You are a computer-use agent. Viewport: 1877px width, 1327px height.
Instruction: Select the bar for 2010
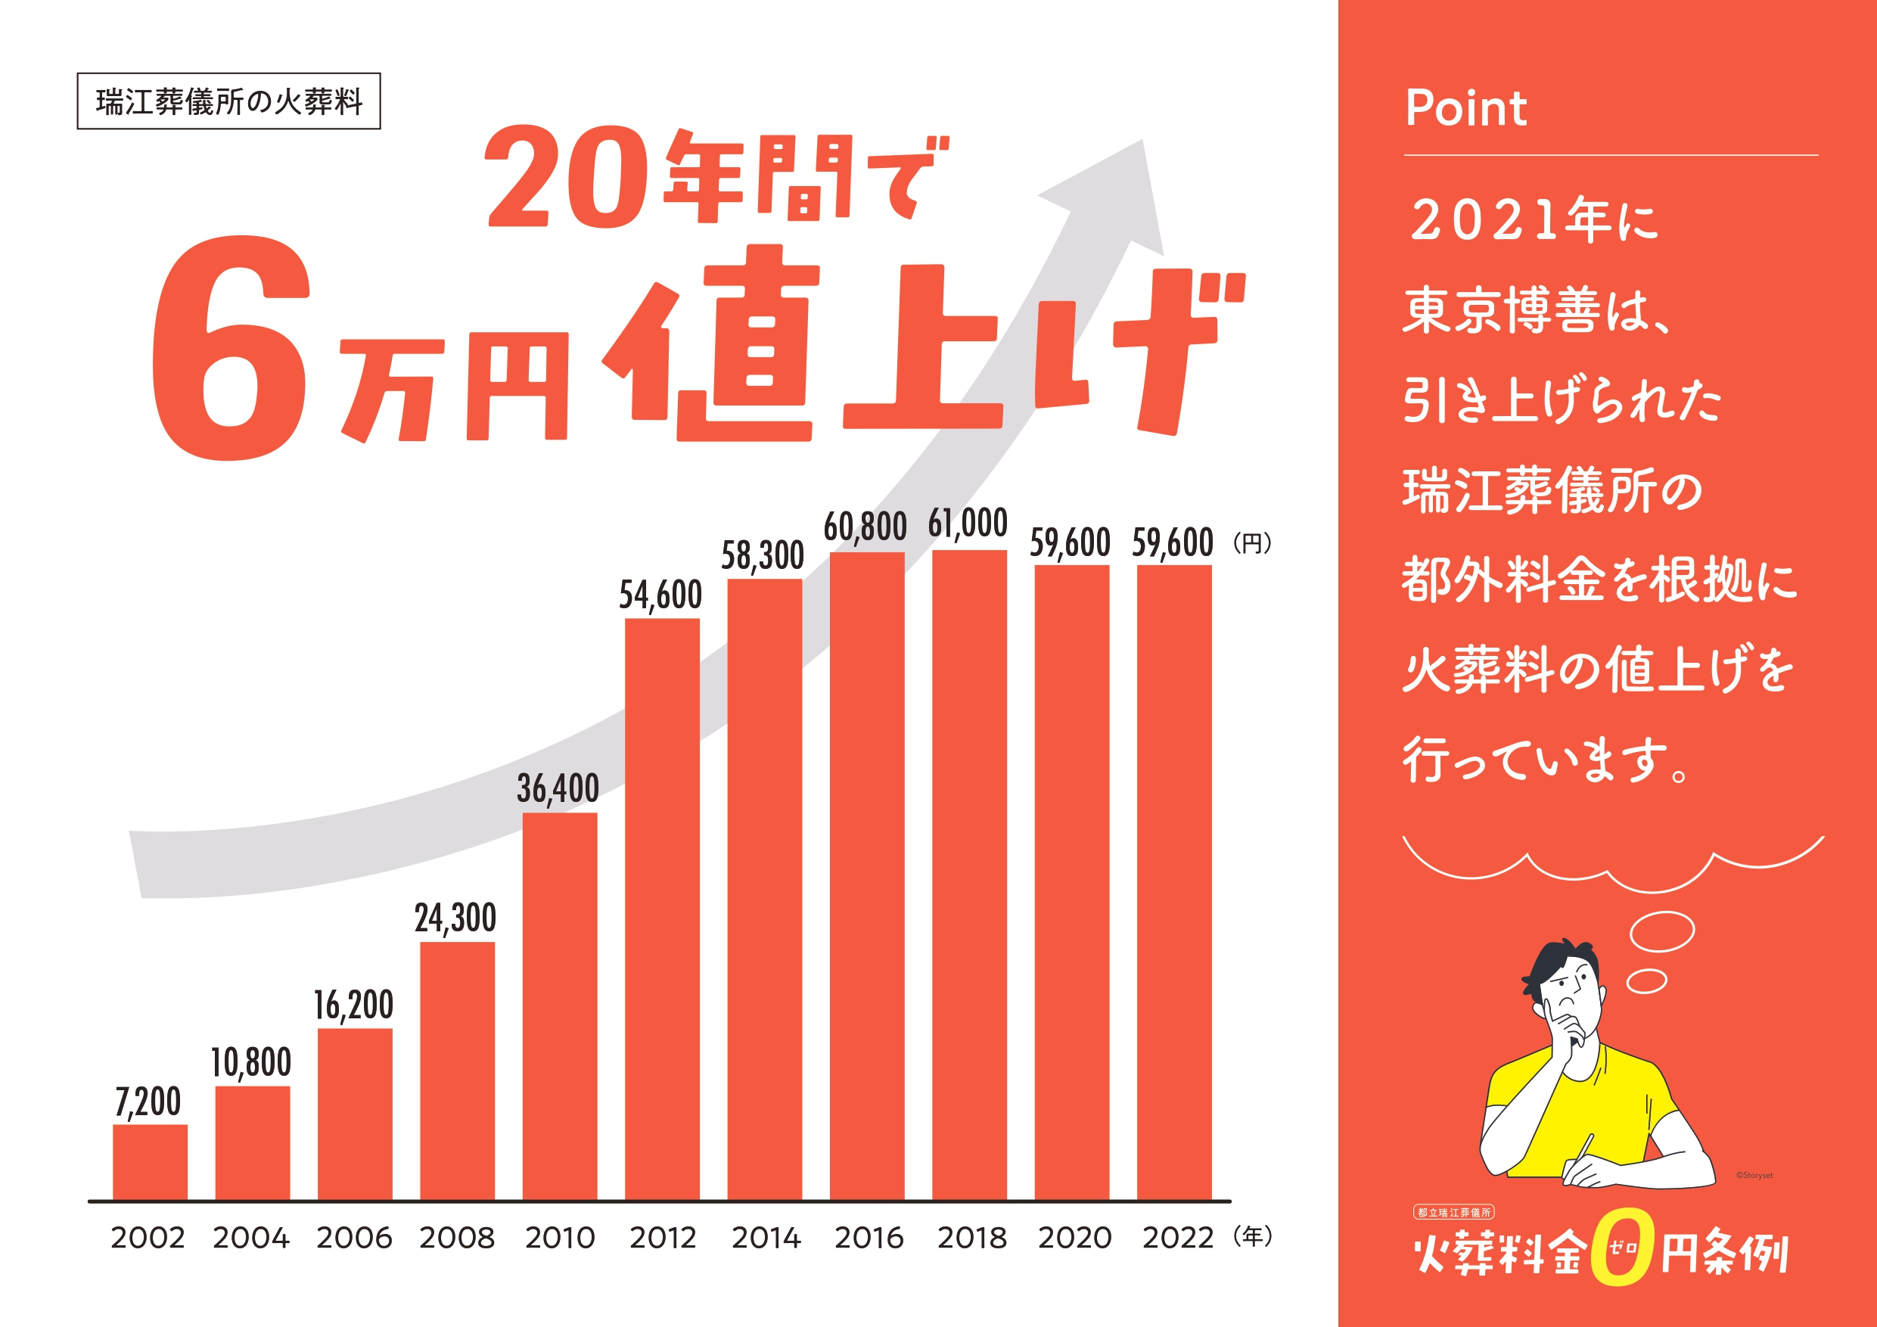tap(560, 1005)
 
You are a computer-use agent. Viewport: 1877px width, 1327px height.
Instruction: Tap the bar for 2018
tap(970, 875)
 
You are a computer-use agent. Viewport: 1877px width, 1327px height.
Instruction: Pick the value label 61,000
tap(968, 524)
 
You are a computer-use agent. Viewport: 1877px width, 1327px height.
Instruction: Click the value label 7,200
tap(148, 1102)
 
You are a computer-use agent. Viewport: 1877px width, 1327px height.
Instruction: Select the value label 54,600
tap(660, 595)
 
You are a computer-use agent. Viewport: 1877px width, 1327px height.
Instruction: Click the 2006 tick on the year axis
tap(354, 1238)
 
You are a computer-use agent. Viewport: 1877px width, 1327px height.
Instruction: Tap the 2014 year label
tap(766, 1238)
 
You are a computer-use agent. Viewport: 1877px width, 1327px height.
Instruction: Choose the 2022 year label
tap(1177, 1238)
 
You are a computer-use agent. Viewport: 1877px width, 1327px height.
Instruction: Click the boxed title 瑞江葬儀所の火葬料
tap(229, 101)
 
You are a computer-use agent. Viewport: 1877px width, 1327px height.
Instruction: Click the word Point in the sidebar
tap(1465, 108)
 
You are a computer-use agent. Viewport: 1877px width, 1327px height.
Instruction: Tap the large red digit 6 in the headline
tap(232, 349)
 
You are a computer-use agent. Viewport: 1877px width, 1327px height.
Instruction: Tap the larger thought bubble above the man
tap(1662, 931)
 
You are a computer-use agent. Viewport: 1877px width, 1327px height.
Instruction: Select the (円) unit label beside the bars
tap(1251, 543)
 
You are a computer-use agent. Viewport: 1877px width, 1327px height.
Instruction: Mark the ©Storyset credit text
tap(1754, 1175)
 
